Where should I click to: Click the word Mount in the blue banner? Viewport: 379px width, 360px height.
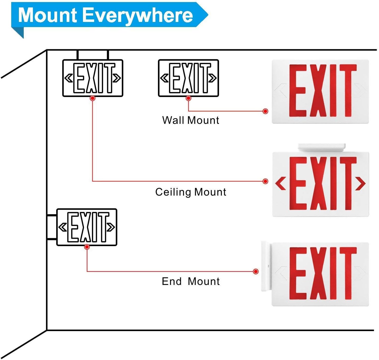(47, 15)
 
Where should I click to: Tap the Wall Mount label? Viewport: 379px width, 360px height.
(191, 120)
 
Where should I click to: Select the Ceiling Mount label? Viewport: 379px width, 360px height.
(191, 192)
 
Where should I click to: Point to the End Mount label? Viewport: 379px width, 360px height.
(191, 281)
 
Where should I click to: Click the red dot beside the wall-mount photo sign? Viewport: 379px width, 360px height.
(265, 111)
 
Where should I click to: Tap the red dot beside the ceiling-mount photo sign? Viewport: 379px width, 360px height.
(265, 181)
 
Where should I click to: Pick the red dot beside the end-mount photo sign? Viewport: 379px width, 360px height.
(256, 271)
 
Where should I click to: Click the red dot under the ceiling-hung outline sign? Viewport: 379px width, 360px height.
(93, 98)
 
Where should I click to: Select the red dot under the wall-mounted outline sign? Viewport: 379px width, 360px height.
(189, 98)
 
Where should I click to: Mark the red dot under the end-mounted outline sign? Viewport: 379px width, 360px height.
(87, 247)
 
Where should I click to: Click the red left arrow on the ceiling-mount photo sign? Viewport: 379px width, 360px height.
(281, 184)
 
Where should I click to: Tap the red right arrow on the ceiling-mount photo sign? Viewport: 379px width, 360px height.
(360, 184)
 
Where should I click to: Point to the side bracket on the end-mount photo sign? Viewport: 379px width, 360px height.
(266, 266)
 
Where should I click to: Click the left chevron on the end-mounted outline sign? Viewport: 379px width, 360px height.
(63, 227)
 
